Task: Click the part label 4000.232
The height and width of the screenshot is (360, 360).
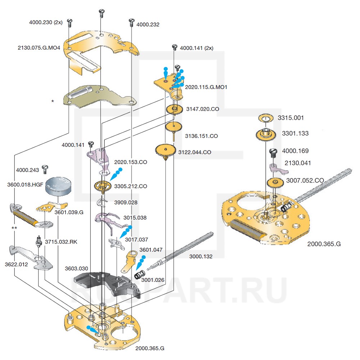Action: coord(148,25)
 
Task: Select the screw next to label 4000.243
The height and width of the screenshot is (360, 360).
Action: coord(45,168)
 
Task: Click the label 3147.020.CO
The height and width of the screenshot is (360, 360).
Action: coord(202,109)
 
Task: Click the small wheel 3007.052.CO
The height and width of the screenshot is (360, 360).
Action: coord(276,182)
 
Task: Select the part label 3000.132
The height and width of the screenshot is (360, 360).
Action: coord(201,257)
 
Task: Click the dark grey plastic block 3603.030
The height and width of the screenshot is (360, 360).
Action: coord(104,282)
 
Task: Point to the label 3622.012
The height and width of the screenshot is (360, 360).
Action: coord(16,264)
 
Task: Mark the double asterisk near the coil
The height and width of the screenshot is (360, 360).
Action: coord(14,228)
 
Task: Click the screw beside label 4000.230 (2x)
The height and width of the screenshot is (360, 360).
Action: coord(69,22)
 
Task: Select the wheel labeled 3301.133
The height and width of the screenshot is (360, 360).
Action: coord(267,134)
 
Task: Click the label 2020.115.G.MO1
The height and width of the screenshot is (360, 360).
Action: coord(206,87)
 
